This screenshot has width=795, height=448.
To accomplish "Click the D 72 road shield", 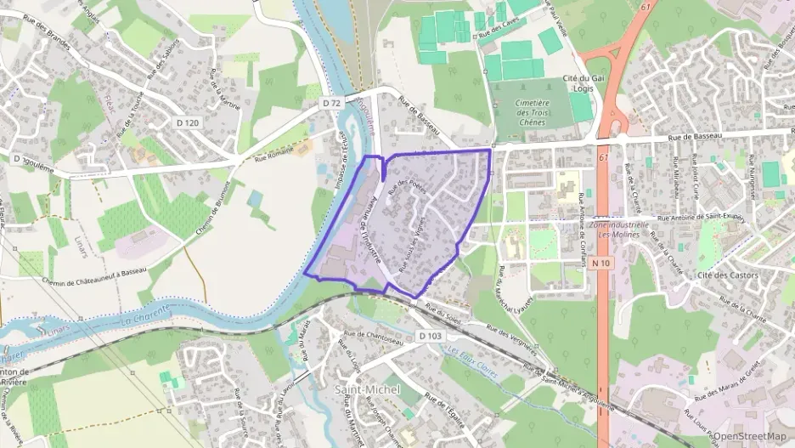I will coord(331,103).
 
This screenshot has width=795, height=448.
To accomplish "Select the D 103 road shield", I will coord(431,337).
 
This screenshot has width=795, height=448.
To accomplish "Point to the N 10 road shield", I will coord(600,264).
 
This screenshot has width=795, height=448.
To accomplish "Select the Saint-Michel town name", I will coord(367,388).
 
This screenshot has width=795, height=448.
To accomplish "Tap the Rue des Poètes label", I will coord(405,186).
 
